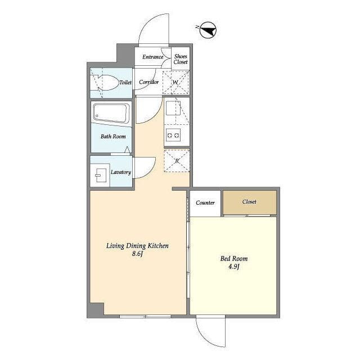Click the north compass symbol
[208, 30]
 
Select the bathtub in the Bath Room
[111, 112]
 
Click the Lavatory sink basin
[101, 175]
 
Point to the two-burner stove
[173, 135]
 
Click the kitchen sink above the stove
[173, 108]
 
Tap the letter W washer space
[175, 82]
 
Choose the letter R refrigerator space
[177, 161]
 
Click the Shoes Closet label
[181, 59]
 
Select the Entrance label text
[152, 57]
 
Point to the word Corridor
[148, 82]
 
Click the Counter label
[205, 202]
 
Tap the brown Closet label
[249, 202]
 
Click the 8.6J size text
[137, 254]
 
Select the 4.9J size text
[234, 267]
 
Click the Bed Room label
[234, 259]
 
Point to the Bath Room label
[113, 136]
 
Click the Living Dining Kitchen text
[137, 246]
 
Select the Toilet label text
[125, 83]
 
